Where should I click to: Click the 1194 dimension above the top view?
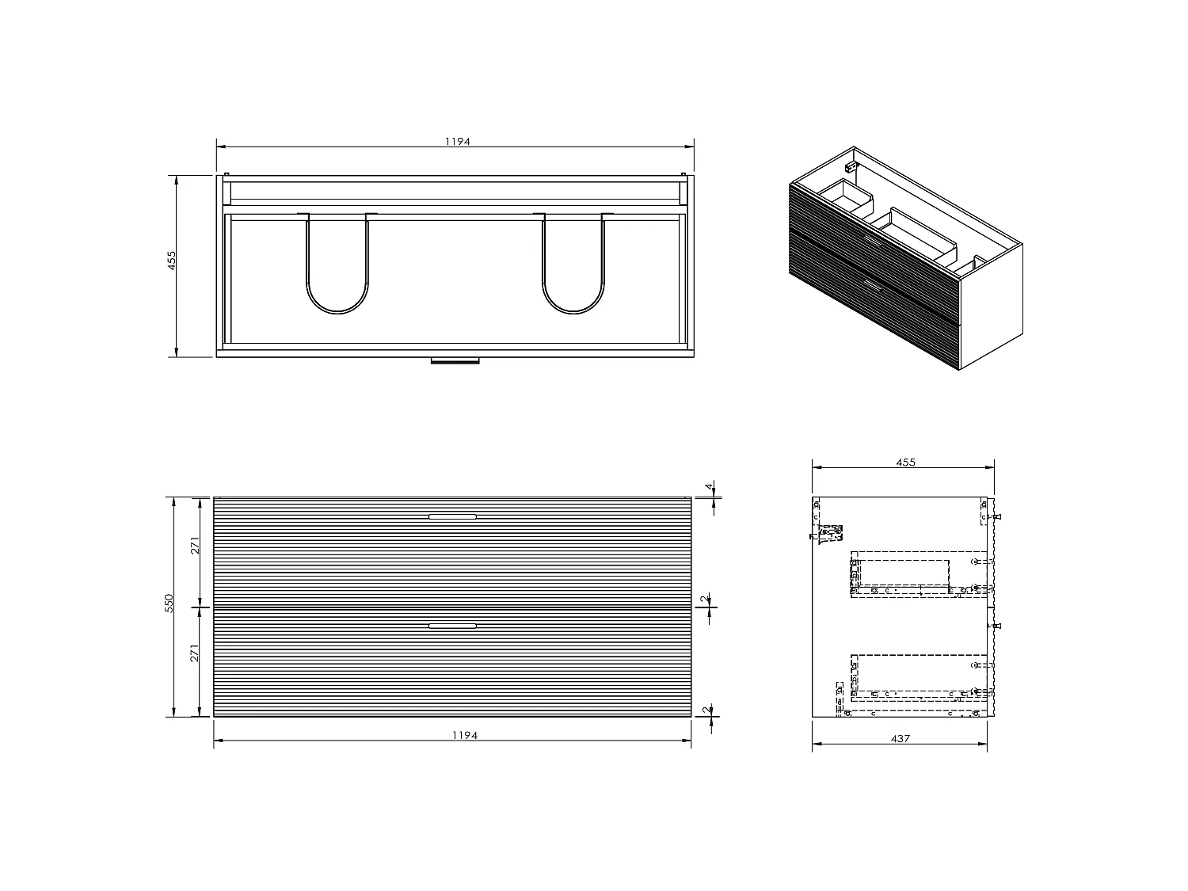click(x=457, y=142)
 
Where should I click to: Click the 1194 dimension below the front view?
click(x=465, y=735)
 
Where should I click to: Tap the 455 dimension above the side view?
click(x=905, y=462)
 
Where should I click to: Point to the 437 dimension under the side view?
click(x=901, y=738)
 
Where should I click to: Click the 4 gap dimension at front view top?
click(x=710, y=488)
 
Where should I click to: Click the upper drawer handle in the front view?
click(x=452, y=516)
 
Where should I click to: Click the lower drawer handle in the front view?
click(x=452, y=626)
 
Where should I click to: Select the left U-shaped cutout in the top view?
click(x=337, y=265)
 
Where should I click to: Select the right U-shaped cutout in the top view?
click(x=573, y=265)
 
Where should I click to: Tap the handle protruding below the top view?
click(x=455, y=361)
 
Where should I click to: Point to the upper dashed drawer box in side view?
click(x=919, y=574)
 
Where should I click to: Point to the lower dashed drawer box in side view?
click(x=919, y=677)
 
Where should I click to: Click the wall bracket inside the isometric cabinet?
click(x=852, y=166)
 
